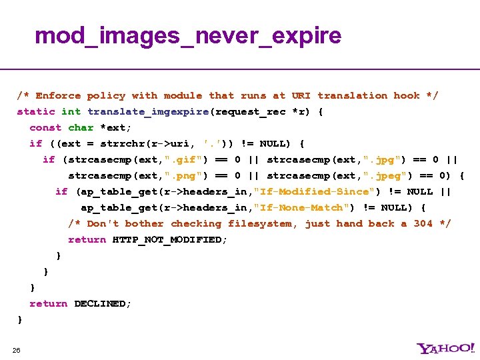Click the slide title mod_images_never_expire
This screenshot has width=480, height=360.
[x=187, y=35]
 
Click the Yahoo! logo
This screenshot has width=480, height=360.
[x=446, y=349]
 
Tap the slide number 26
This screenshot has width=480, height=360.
[x=16, y=351]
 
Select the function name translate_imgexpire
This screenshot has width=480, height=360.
[x=148, y=112]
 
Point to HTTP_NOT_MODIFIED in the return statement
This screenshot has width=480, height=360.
[x=169, y=240]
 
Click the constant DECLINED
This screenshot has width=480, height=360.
[x=103, y=304]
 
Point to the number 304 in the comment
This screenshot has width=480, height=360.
[x=423, y=224]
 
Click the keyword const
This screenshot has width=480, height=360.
[x=45, y=128]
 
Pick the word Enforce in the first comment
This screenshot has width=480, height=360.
[x=58, y=96]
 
